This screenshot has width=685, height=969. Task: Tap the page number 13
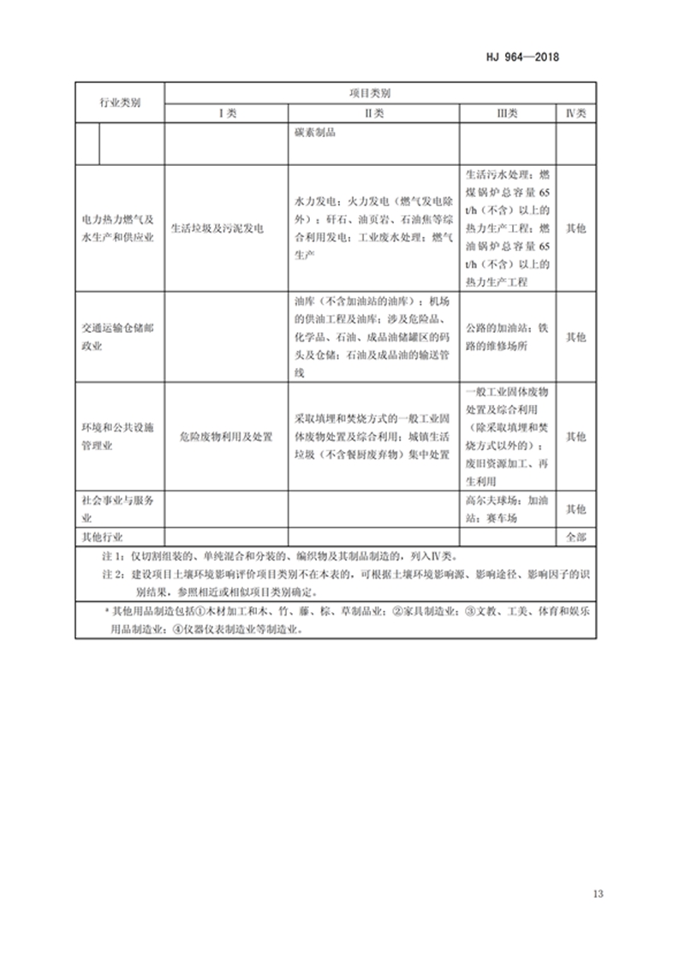[x=598, y=895]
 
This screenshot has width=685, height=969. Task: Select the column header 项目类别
[x=379, y=92]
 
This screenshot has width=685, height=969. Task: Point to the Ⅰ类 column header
[x=225, y=113]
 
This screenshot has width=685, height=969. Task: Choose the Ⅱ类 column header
[x=373, y=113]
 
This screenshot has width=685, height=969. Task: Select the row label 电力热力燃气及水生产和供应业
[x=119, y=229]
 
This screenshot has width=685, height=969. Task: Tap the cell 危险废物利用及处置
[x=225, y=437]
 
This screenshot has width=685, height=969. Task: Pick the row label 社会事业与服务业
[x=119, y=509]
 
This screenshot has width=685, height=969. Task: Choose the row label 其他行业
[x=102, y=538]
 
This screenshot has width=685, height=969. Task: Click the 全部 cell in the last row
[x=575, y=538]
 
